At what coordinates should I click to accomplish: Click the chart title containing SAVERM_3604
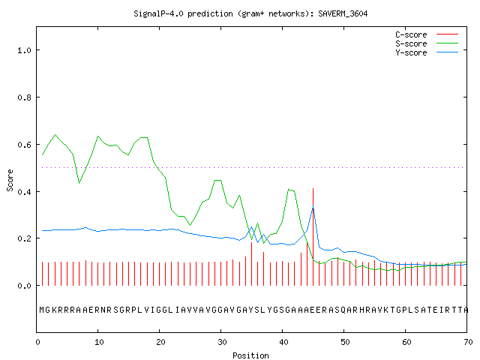pyautogui.click(x=250, y=13)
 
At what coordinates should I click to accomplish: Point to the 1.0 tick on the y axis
pyautogui.click(x=25, y=50)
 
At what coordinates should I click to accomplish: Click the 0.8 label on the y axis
pyautogui.click(x=25, y=97)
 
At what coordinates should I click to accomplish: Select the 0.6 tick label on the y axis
pyautogui.click(x=25, y=145)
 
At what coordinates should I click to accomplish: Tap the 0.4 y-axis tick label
pyautogui.click(x=25, y=192)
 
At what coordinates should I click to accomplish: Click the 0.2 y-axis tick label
pyautogui.click(x=25, y=238)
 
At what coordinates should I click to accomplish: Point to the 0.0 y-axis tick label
pyautogui.click(x=25, y=286)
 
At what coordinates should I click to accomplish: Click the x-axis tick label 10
pyautogui.click(x=99, y=342)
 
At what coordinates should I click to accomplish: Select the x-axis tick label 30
pyautogui.click(x=222, y=342)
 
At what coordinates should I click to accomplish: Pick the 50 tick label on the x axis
pyautogui.click(x=345, y=342)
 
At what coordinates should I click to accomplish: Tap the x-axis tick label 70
pyautogui.click(x=468, y=342)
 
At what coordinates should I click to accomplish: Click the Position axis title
pyautogui.click(x=250, y=355)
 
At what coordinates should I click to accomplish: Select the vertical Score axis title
pyautogui.click(x=10, y=181)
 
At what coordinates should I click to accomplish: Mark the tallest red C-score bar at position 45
pyautogui.click(x=313, y=237)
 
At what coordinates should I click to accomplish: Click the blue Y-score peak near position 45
pyautogui.click(x=313, y=208)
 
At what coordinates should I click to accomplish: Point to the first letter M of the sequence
pyautogui.click(x=42, y=310)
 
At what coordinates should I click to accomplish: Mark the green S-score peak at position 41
pyautogui.click(x=289, y=190)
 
